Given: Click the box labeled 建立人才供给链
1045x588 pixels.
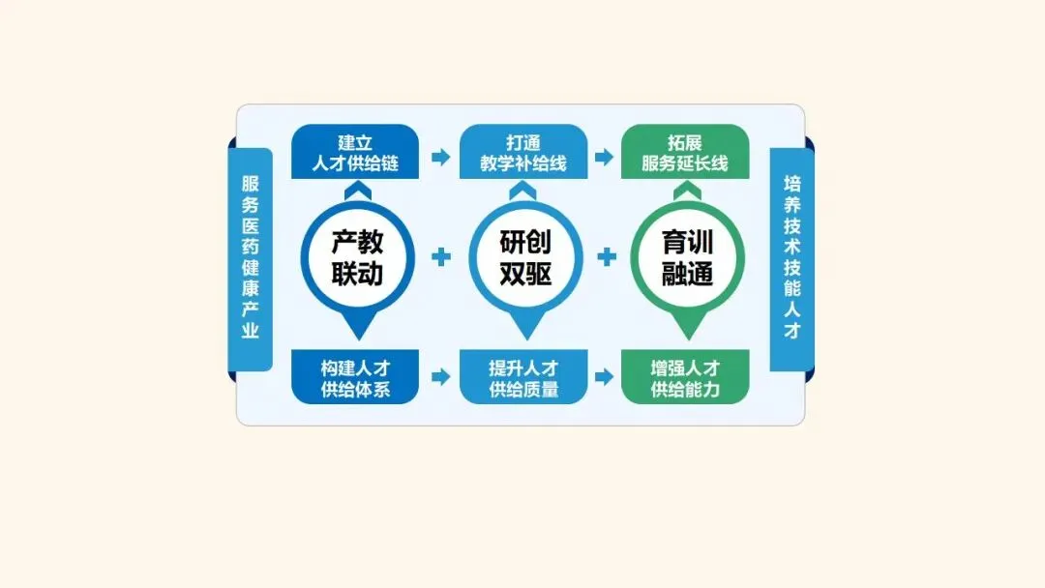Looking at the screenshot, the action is [x=355, y=152].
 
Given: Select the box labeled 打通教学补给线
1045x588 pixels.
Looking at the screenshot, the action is [x=523, y=152].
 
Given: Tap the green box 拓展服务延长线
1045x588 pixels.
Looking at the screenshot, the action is [x=685, y=152].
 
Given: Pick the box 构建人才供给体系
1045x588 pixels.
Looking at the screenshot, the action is [x=355, y=377].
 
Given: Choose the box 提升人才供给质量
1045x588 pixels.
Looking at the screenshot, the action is [x=523, y=377].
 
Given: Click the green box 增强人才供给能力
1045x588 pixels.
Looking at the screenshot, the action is [x=685, y=377].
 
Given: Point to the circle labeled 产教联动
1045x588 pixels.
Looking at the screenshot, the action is [x=357, y=257].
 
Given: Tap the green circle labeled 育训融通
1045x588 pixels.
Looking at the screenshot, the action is [x=687, y=257].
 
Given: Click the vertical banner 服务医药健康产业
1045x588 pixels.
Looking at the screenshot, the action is [x=251, y=258].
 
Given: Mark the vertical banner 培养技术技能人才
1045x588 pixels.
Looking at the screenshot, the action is [x=791, y=258].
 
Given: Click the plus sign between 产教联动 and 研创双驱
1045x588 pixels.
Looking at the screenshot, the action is [x=441, y=257].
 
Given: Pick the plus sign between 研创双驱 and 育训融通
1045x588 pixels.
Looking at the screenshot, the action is [x=608, y=257].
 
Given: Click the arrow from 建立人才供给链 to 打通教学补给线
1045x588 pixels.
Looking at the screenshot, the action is [x=440, y=157].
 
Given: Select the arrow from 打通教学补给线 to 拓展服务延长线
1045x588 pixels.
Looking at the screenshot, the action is [x=605, y=157].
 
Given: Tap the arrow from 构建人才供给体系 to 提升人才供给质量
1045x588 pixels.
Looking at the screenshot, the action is [x=440, y=377].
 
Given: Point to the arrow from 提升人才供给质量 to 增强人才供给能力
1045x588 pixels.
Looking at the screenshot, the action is [x=605, y=377].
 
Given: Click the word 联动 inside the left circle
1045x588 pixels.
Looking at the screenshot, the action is [x=357, y=274].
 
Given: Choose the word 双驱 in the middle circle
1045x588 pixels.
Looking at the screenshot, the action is [x=525, y=274].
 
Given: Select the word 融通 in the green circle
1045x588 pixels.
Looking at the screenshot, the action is [x=687, y=274].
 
